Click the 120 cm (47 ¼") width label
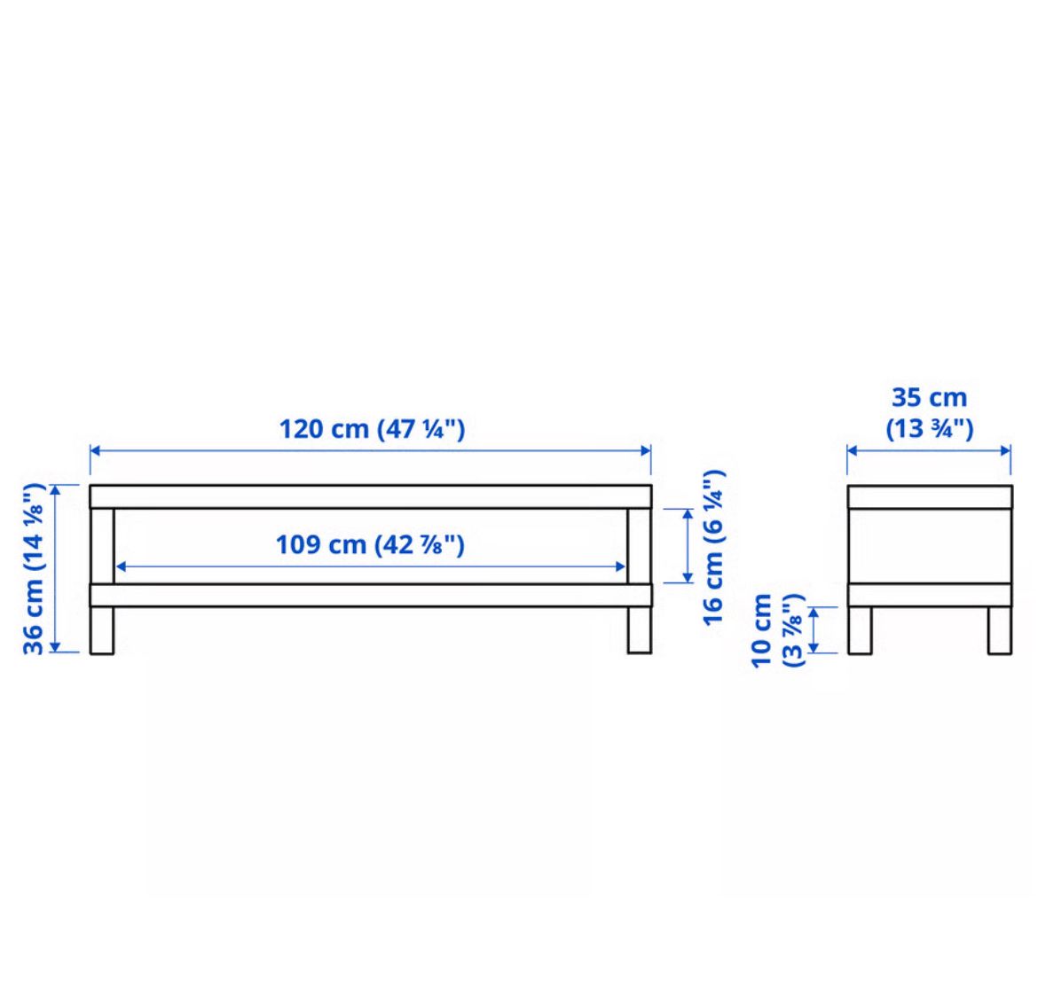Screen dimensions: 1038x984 pos(372,429)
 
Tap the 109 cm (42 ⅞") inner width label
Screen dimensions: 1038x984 pos(370,545)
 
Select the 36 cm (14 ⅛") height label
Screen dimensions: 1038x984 pos(34,569)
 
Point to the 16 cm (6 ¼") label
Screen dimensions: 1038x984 pos(713,548)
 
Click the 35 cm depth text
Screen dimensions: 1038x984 pos(930,397)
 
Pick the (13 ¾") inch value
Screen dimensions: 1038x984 pos(930,428)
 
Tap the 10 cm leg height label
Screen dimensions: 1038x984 pos(762,630)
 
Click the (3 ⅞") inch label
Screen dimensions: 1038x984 pos(792,630)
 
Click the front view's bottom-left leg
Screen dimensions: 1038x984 pos(102,630)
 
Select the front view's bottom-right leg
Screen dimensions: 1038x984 pos(640,630)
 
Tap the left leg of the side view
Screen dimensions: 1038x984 pos(860,630)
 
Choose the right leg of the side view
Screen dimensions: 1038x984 pos(1000,630)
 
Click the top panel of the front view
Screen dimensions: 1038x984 pos(371,496)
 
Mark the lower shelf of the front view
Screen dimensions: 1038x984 pos(371,595)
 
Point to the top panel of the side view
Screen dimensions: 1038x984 pos(930,496)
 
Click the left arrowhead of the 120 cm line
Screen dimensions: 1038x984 pos(95,451)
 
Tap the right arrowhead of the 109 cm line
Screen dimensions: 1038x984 pos(620,566)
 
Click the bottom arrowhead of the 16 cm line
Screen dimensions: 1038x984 pos(688,577)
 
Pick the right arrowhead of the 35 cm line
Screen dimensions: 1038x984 pos(1006,451)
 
